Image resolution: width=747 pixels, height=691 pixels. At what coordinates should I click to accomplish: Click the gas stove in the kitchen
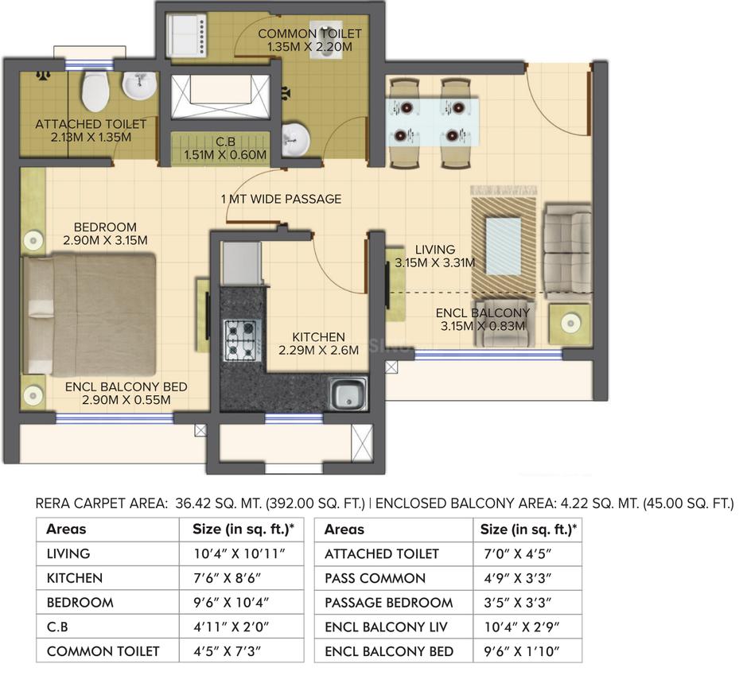[x=239, y=340]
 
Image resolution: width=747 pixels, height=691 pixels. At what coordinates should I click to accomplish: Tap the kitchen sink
[x=346, y=394]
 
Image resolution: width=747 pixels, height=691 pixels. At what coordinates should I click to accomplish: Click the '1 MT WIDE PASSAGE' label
[x=281, y=199]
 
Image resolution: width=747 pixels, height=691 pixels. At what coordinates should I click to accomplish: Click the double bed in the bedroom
[x=89, y=313]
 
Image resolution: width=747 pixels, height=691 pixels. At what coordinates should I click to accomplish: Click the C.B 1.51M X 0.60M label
[x=225, y=149]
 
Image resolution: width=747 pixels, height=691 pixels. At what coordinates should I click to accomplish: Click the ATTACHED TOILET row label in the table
[x=381, y=553]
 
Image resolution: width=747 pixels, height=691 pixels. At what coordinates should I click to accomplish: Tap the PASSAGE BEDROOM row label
[x=388, y=603]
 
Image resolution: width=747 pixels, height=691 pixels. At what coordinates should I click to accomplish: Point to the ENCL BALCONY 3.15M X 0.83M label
[x=483, y=319]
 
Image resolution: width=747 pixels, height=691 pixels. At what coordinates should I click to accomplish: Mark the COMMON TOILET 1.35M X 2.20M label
[x=309, y=41]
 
